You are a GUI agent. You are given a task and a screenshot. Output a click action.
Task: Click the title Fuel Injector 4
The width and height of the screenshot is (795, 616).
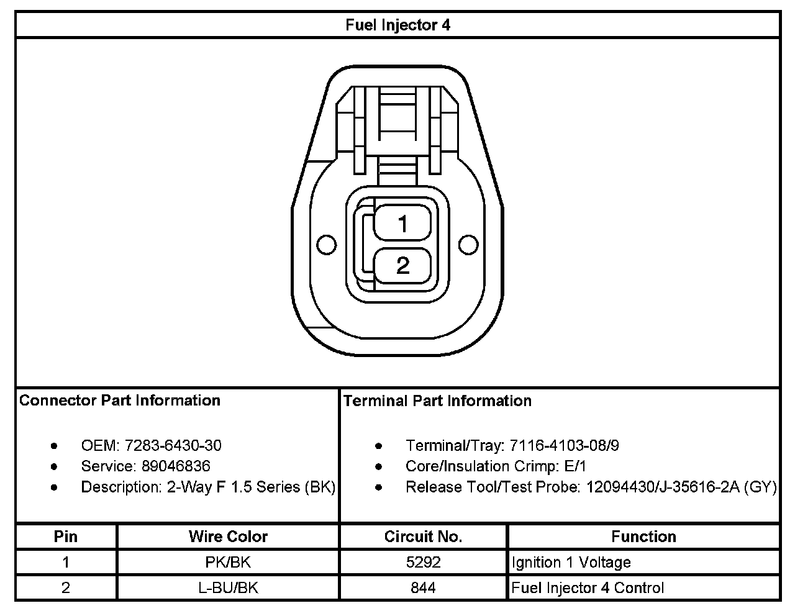[x=397, y=25]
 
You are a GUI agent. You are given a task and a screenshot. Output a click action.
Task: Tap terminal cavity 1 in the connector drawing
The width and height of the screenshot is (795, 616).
[x=402, y=224]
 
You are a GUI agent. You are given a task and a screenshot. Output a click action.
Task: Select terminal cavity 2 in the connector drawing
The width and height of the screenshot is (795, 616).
[x=402, y=266]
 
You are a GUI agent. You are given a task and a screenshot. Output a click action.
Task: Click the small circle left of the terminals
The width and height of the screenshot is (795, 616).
[x=327, y=245]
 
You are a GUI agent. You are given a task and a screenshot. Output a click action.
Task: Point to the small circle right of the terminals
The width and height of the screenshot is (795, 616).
[x=468, y=245]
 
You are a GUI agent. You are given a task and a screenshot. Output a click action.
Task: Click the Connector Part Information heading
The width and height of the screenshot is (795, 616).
[x=120, y=401]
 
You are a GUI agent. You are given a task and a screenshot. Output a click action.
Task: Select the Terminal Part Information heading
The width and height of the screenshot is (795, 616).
[x=437, y=401]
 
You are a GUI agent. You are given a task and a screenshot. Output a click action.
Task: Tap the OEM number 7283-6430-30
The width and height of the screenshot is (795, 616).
[x=173, y=445]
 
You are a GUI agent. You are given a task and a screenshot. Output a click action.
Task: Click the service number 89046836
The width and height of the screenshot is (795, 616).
[x=176, y=466]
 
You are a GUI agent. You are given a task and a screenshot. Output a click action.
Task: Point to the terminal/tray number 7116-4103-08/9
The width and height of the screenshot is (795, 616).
[x=564, y=445]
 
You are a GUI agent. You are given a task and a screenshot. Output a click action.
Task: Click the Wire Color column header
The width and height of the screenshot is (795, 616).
[x=228, y=537]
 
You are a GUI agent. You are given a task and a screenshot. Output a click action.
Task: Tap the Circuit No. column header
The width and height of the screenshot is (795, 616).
[x=423, y=537]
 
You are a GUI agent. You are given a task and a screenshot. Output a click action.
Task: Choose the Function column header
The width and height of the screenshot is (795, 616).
[x=643, y=537]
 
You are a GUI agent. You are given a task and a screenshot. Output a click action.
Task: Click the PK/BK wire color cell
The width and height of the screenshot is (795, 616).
[x=228, y=563]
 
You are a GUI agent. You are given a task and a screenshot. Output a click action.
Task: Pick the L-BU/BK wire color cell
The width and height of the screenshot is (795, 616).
[x=228, y=588]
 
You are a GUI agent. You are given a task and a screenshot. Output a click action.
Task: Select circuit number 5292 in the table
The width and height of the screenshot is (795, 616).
[x=423, y=563]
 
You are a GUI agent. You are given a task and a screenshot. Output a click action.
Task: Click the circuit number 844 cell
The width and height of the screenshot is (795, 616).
[x=423, y=588]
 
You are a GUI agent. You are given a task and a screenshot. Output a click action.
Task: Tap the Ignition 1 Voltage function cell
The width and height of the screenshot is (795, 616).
[x=571, y=563]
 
